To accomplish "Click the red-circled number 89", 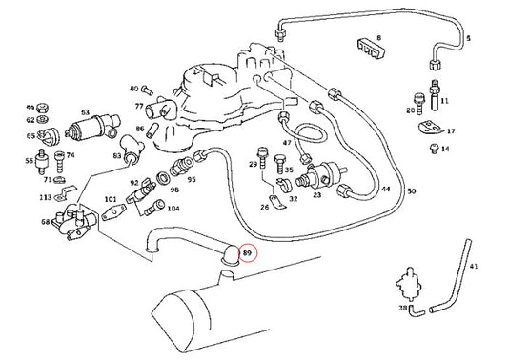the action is pyautogui.click(x=247, y=253).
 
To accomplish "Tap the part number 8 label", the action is pyautogui.click(x=378, y=38).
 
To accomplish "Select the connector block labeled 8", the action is pyautogui.click(x=372, y=50).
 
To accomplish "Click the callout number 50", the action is pyautogui.click(x=411, y=191).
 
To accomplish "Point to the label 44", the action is pyautogui.click(x=386, y=189).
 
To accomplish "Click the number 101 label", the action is pyautogui.click(x=111, y=199).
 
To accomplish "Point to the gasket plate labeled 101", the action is pyautogui.click(x=113, y=212).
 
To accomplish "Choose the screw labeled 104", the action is pyautogui.click(x=153, y=208).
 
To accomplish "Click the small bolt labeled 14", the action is pyautogui.click(x=434, y=149).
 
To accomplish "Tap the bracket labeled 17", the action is pyautogui.click(x=431, y=128).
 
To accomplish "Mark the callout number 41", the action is pyautogui.click(x=474, y=267).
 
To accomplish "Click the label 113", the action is pyautogui.click(x=46, y=197).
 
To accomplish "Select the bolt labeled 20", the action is pyautogui.click(x=419, y=103).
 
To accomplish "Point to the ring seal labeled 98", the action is pyautogui.click(x=162, y=179).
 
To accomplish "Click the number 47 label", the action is pyautogui.click(x=287, y=143).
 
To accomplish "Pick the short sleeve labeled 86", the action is pyautogui.click(x=152, y=130).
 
